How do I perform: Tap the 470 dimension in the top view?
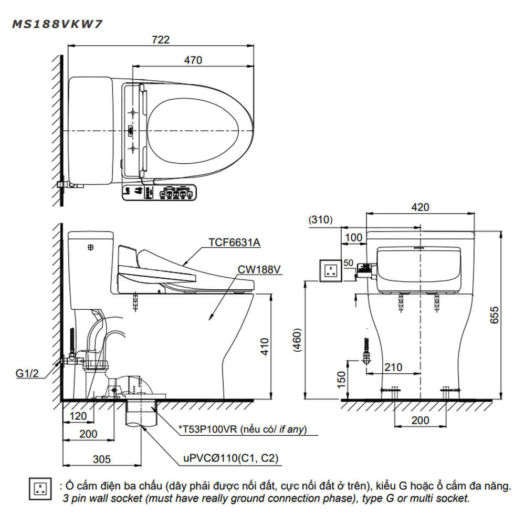(193, 60)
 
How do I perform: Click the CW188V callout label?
(259, 269)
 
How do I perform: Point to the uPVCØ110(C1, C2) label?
(230, 458)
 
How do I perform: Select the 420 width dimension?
(420, 207)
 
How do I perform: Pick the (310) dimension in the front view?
(320, 220)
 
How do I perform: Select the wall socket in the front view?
(331, 270)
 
